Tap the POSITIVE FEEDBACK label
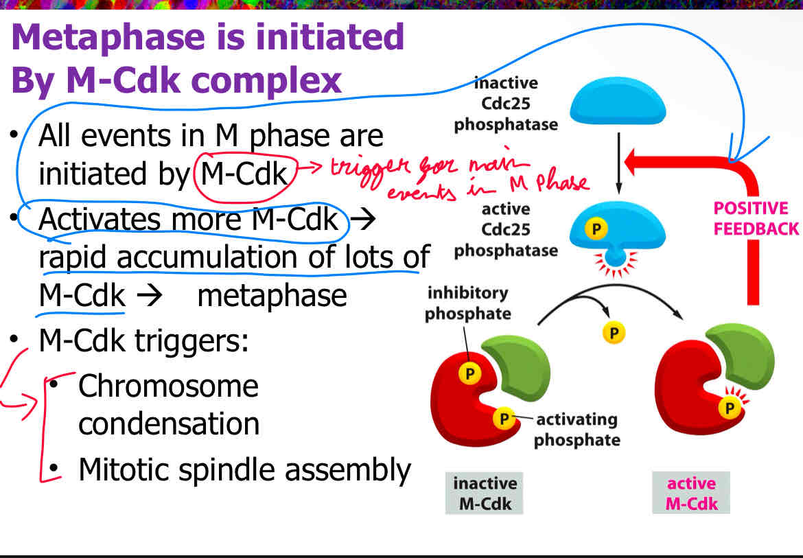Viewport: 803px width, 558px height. (755, 218)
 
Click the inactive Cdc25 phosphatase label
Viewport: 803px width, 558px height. (506, 104)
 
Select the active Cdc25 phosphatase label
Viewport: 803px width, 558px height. (506, 229)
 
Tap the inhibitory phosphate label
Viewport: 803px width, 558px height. (468, 303)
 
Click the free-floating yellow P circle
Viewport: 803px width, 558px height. (614, 333)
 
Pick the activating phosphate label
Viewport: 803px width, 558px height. (577, 429)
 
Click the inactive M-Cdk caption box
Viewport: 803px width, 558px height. (484, 493)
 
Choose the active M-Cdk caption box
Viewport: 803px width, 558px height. (691, 493)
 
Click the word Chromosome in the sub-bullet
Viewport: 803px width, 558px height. (168, 386)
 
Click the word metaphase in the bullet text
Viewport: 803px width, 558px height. (272, 296)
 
